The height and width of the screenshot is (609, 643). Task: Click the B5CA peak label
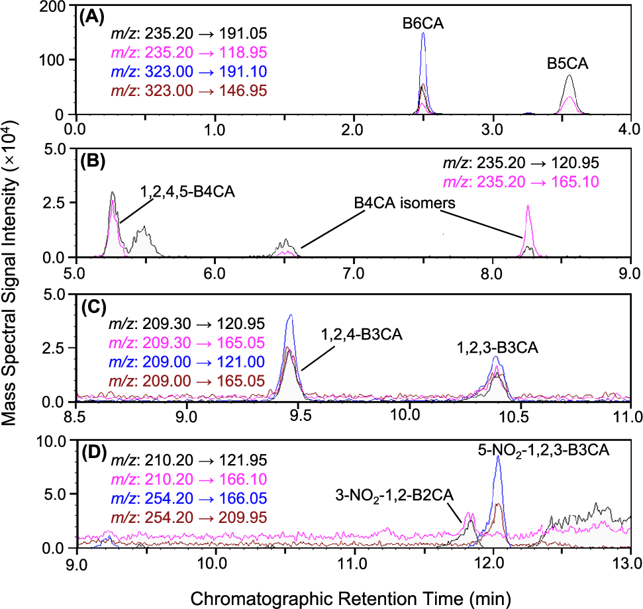(568, 65)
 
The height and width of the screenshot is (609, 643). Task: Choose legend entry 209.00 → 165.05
(189, 382)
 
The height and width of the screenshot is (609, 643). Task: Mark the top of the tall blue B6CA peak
(423, 33)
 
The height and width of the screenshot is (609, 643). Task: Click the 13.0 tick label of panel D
(630, 563)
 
